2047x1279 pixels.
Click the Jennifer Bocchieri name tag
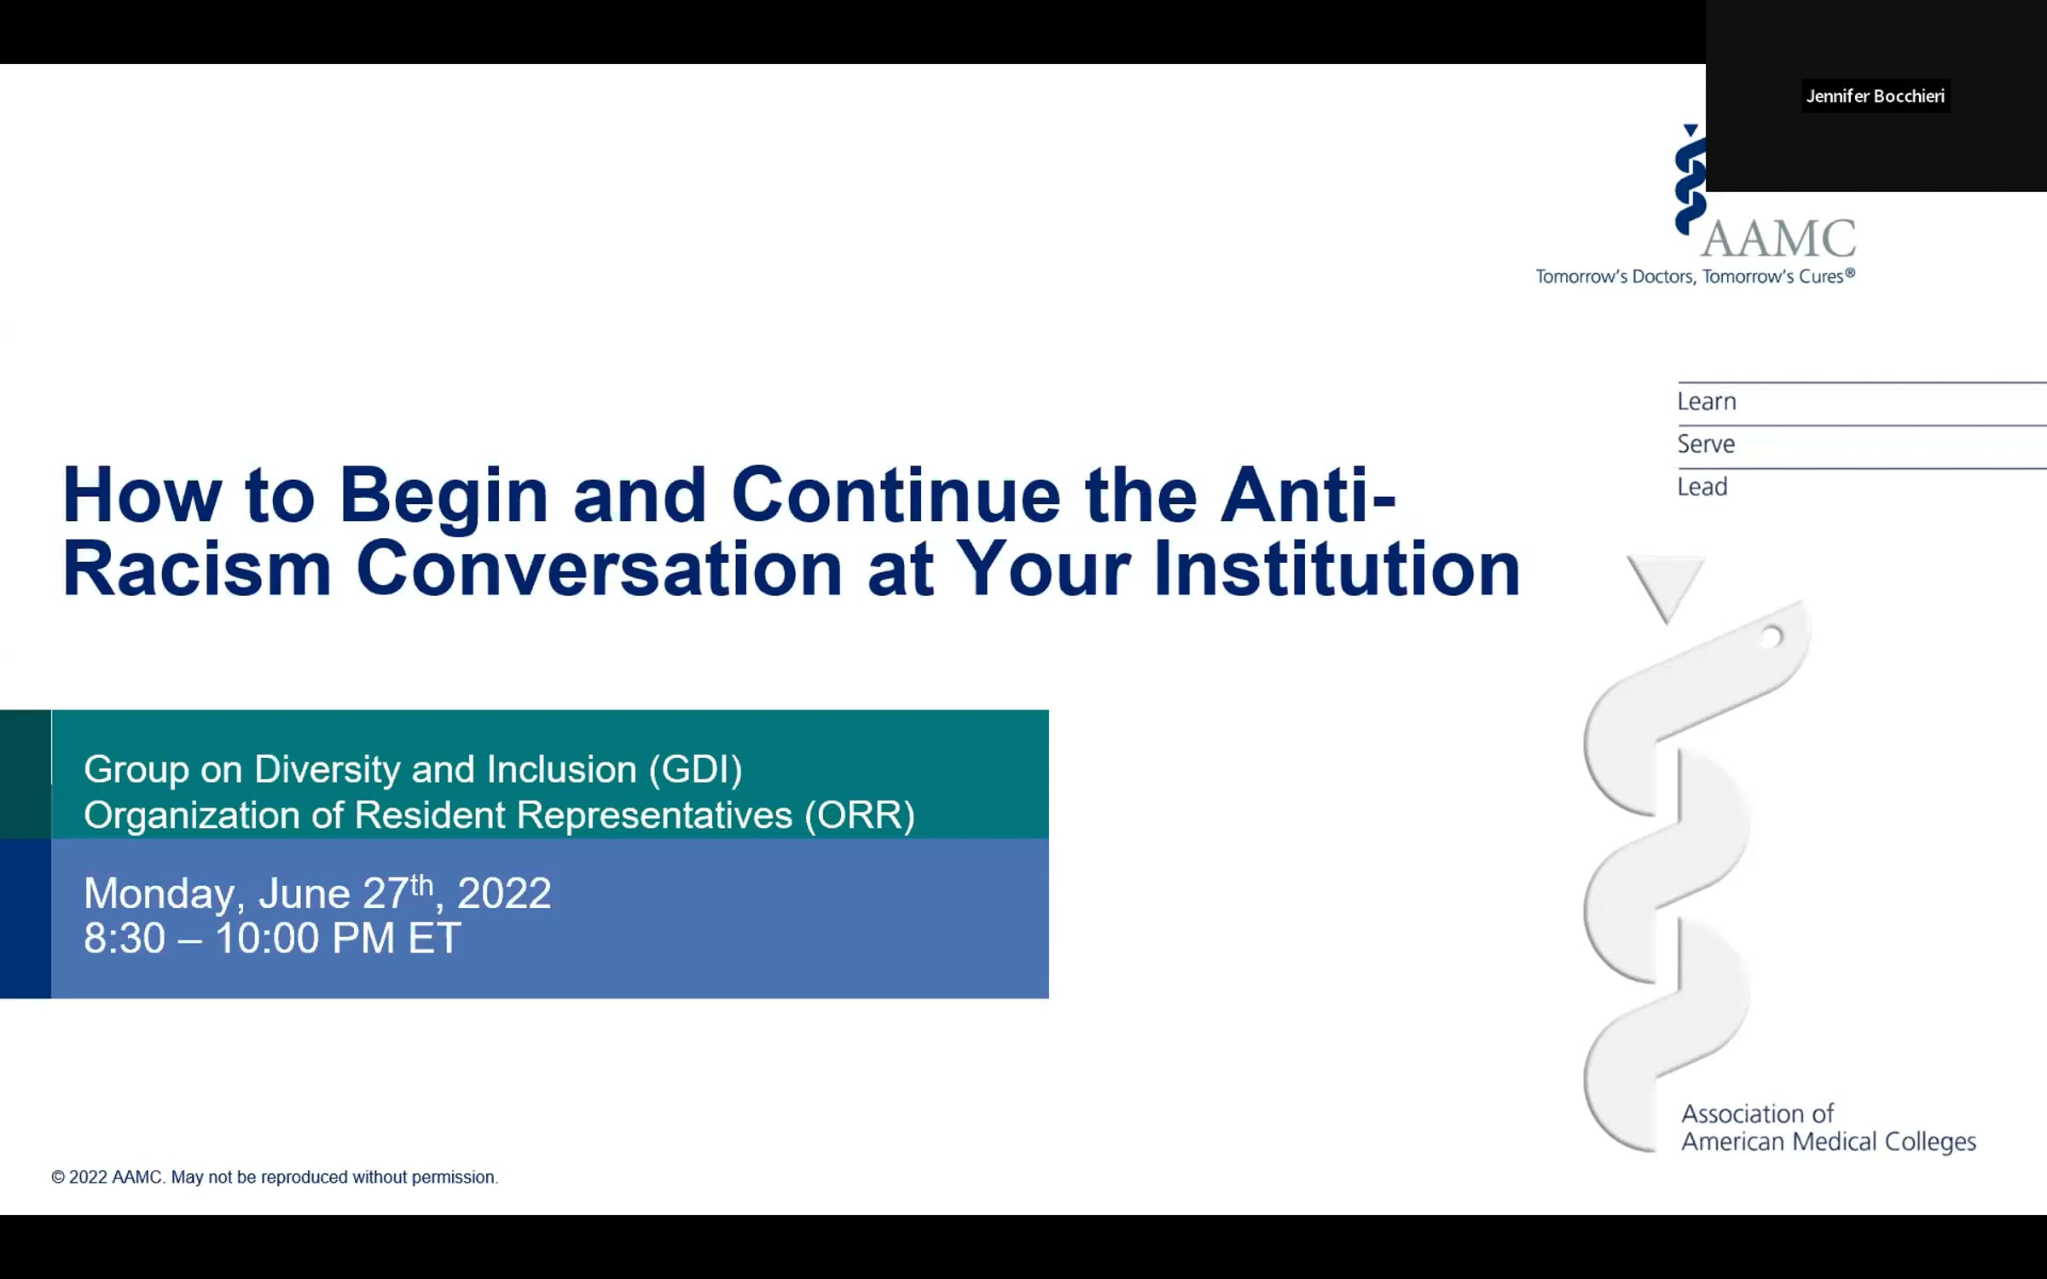coord(1875,96)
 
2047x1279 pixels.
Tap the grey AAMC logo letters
coord(1778,239)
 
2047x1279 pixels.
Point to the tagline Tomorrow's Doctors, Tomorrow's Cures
coord(1696,276)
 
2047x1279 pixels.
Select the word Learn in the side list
coord(1707,402)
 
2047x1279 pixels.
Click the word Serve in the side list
coord(1706,444)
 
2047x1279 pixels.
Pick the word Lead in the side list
coord(1702,487)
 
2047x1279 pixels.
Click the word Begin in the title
coord(444,498)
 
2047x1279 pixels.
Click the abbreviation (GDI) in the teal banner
coord(695,770)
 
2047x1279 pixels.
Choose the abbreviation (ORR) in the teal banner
coord(860,815)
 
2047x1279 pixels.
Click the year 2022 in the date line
coord(504,894)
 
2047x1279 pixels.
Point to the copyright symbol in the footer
coord(58,1178)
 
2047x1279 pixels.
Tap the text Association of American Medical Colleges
coord(1829,1128)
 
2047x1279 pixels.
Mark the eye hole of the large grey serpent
coord(1772,636)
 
